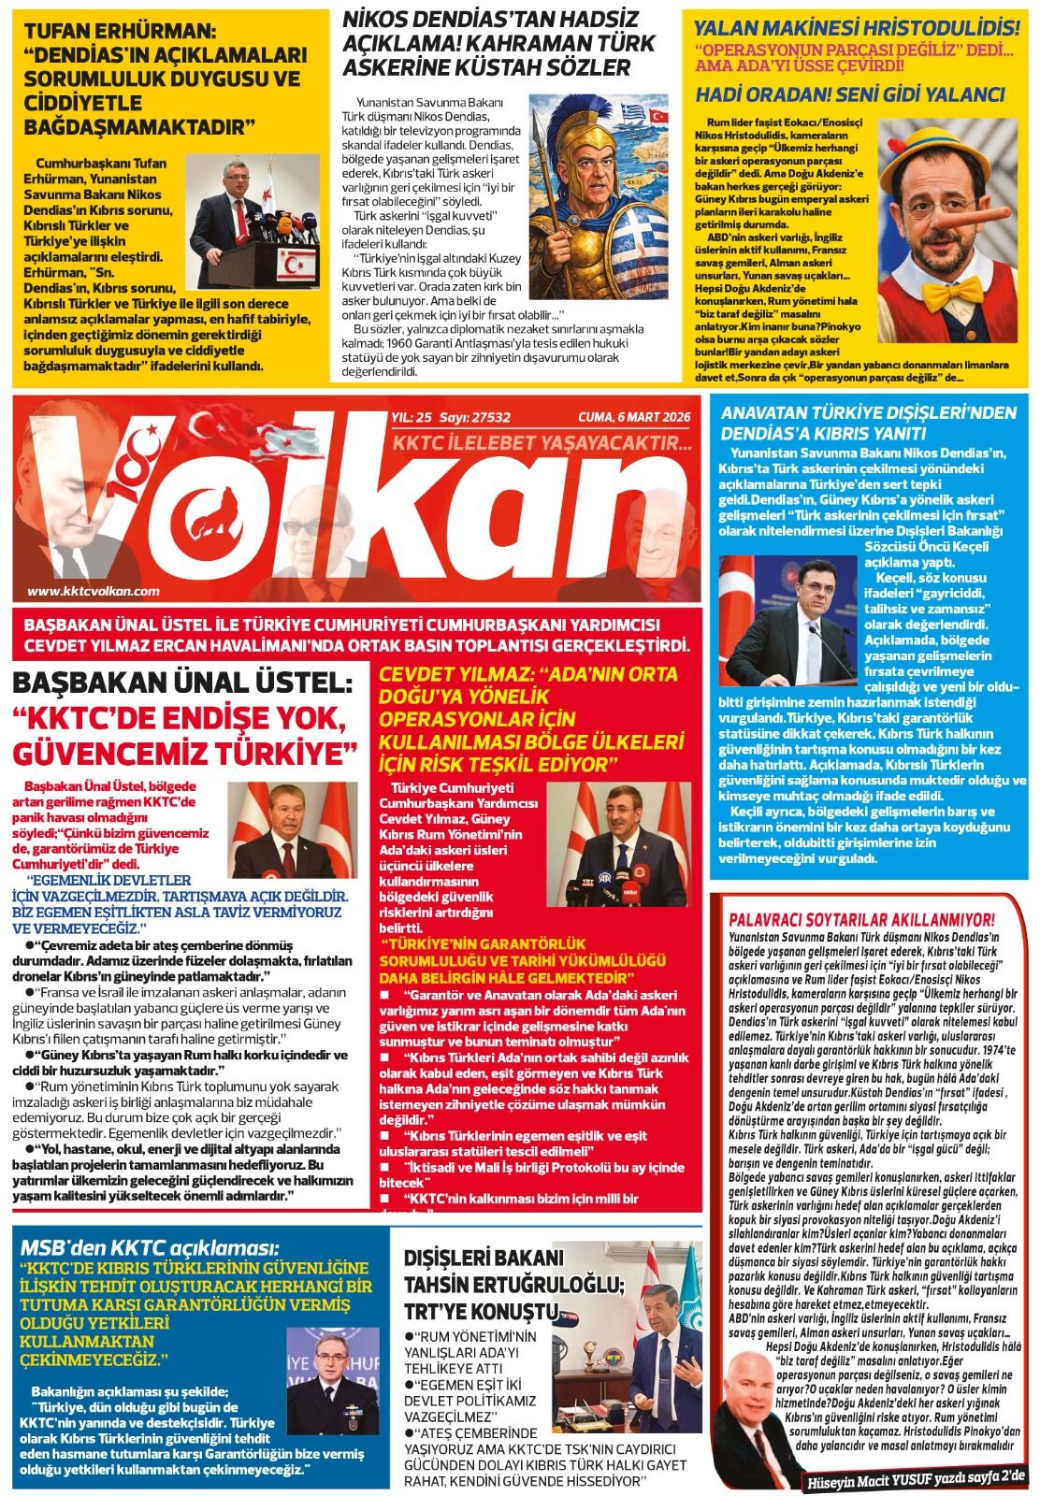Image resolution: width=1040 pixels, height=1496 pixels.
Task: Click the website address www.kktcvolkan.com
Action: [x=94, y=591]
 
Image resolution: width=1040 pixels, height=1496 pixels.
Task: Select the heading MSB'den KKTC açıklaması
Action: [x=150, y=1247]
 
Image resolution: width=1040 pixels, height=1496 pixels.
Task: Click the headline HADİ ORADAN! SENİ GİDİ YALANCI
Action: [x=849, y=94]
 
